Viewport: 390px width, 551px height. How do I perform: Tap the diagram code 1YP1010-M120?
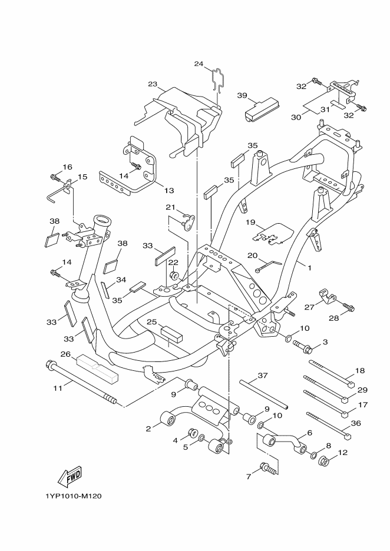(73, 496)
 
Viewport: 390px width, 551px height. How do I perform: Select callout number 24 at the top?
(199, 64)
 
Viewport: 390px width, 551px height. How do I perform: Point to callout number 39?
(242, 95)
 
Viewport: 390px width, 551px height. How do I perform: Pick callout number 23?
(152, 84)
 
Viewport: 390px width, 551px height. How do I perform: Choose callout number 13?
(169, 191)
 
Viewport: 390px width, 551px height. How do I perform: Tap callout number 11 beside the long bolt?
(58, 388)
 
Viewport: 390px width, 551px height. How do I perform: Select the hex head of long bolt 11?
(49, 364)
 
